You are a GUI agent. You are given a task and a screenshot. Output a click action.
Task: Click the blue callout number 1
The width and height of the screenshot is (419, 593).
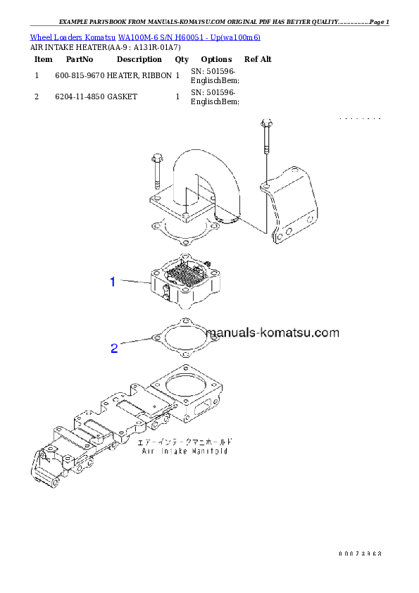click(113, 282)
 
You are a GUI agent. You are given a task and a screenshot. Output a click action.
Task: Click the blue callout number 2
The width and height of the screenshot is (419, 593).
click(114, 348)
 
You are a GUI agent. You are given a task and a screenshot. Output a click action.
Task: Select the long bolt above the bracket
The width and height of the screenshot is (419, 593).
click(265, 144)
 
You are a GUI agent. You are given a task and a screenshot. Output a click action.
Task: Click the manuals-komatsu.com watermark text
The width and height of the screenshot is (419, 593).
click(273, 332)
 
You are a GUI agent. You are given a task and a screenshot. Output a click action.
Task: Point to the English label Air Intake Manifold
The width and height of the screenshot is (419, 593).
click(185, 451)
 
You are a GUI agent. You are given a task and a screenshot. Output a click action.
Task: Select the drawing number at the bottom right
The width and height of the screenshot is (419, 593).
click(359, 554)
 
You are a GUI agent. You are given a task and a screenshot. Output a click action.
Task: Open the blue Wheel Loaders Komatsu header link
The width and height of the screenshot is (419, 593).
click(144, 37)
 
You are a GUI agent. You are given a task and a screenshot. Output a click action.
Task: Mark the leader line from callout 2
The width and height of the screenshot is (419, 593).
click(135, 342)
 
